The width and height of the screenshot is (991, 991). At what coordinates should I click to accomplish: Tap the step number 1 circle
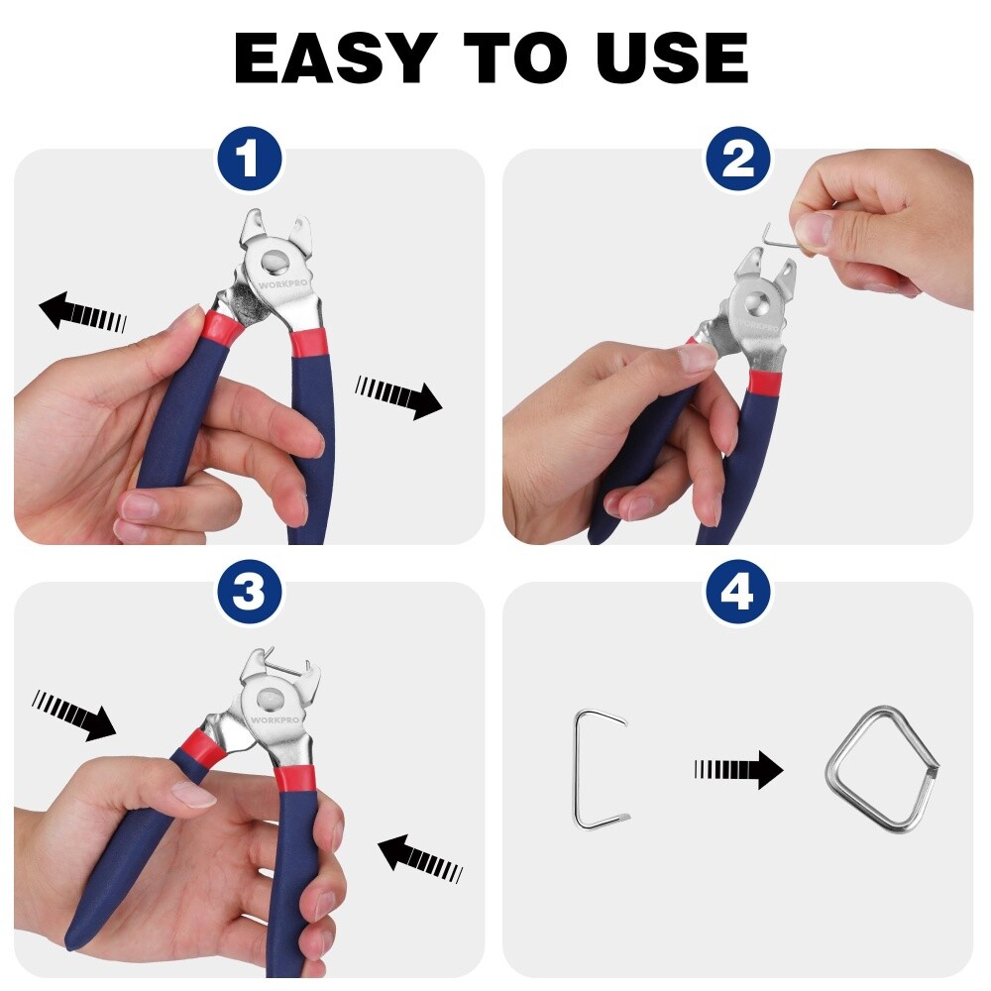249,160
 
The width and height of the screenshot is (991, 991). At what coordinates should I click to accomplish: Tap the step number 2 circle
737,160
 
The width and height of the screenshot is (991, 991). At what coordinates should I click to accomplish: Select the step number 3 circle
249,593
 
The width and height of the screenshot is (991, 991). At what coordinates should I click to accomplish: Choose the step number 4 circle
737,593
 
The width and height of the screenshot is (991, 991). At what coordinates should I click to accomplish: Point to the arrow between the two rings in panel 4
738,768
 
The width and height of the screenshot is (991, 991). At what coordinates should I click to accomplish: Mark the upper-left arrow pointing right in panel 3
74,716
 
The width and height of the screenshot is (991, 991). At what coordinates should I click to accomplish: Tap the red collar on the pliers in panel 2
763,382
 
